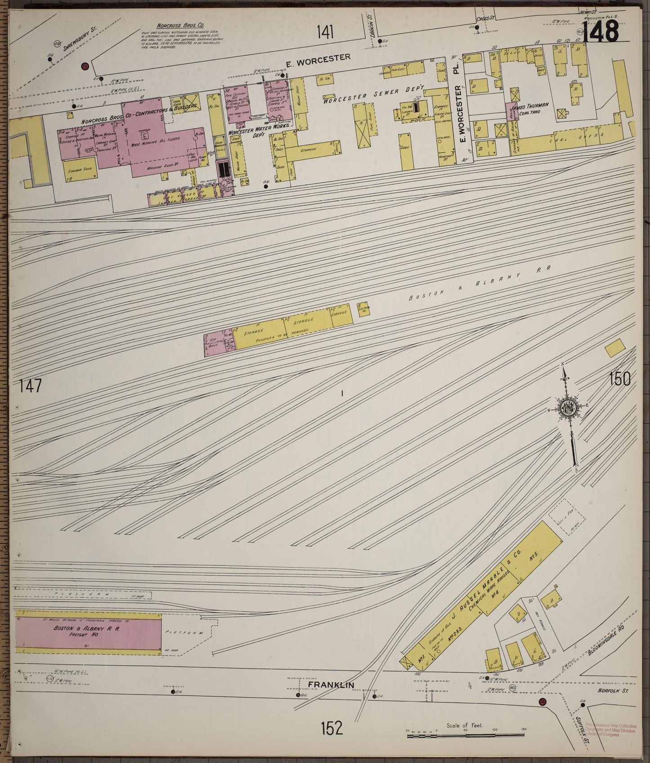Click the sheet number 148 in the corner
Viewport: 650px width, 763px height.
click(x=601, y=32)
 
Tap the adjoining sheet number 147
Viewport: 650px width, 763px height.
click(x=31, y=386)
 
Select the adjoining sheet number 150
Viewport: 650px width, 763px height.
click(x=620, y=379)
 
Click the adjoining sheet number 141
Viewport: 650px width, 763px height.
click(x=325, y=32)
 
